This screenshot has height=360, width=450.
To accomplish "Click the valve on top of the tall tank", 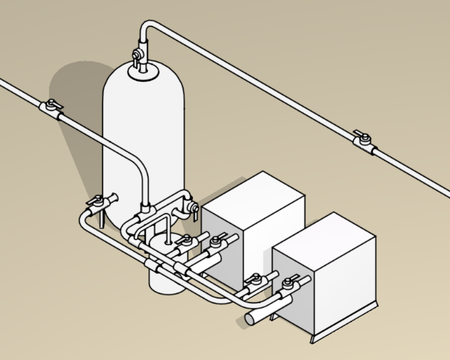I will click(x=139, y=55).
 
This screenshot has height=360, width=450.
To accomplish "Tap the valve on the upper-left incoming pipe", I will click(x=52, y=107).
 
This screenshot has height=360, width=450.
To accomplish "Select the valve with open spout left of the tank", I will click(x=100, y=201).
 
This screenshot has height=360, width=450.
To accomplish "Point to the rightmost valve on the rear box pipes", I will click(x=218, y=241).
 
